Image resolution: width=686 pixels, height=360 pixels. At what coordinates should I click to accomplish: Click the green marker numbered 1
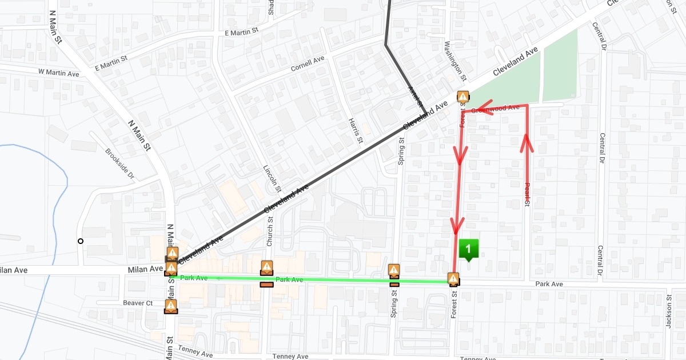tap(468, 249)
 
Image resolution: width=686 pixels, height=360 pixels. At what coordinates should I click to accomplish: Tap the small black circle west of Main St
tap(81, 241)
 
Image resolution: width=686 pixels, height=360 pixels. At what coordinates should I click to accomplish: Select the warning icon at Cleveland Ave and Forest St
tap(462, 97)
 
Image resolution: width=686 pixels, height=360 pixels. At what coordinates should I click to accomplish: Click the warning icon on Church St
tap(266, 267)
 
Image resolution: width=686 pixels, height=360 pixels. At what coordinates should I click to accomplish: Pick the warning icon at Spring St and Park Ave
tap(394, 270)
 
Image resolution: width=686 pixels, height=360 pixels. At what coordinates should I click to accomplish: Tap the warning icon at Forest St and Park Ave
tap(453, 279)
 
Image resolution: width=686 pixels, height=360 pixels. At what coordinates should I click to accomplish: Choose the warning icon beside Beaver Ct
tap(170, 306)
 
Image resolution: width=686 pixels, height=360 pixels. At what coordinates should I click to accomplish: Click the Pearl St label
tap(527, 194)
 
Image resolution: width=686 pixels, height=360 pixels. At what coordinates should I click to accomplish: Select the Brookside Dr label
tap(119, 163)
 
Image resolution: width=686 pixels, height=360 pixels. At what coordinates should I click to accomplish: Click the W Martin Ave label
tap(58, 73)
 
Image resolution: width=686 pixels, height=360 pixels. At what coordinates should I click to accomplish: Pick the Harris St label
tap(356, 131)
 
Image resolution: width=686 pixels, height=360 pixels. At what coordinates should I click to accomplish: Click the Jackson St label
tap(668, 311)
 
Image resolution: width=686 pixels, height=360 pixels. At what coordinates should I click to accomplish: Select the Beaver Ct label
tap(138, 303)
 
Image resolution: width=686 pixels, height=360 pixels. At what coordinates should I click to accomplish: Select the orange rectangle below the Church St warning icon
tap(266, 285)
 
